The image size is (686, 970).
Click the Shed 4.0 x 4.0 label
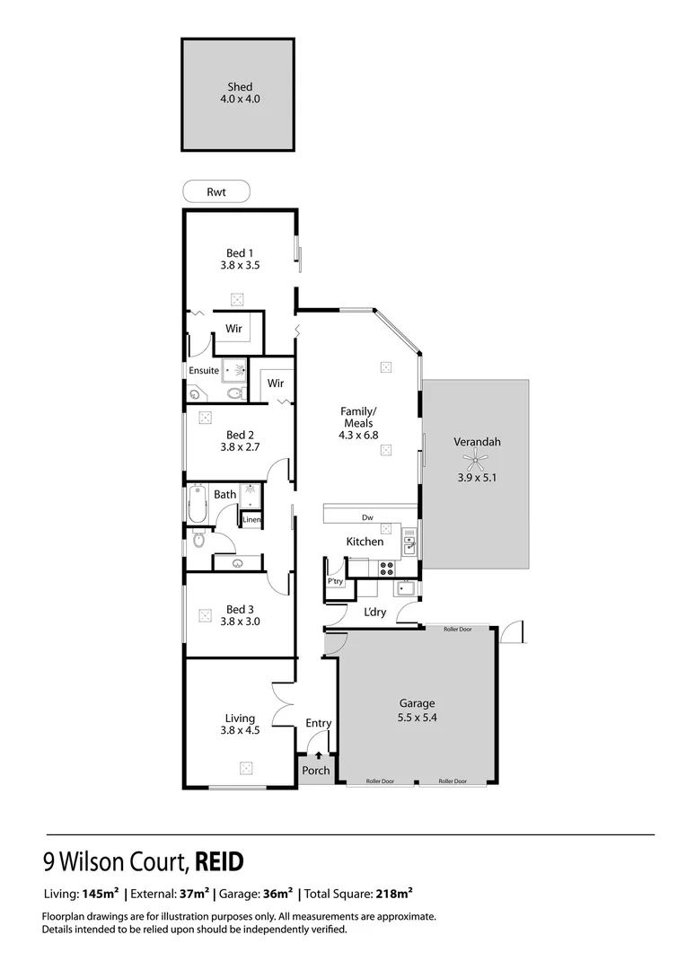point(238,93)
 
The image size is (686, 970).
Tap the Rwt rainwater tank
point(215,191)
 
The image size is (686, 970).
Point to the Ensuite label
point(203,370)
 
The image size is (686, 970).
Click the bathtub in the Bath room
point(198,503)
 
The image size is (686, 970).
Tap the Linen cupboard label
point(251,520)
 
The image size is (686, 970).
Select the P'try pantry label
point(335,582)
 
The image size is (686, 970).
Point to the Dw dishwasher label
point(367,517)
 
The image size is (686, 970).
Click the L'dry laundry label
point(374,613)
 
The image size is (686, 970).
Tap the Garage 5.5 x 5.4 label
point(417,710)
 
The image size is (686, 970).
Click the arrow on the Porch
point(318,757)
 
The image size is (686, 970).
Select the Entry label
point(318,723)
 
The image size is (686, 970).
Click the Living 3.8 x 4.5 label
point(240,724)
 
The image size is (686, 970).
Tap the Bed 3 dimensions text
point(240,621)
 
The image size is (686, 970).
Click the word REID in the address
point(219,862)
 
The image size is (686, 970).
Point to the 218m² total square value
point(393,894)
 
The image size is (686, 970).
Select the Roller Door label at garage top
point(457,630)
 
